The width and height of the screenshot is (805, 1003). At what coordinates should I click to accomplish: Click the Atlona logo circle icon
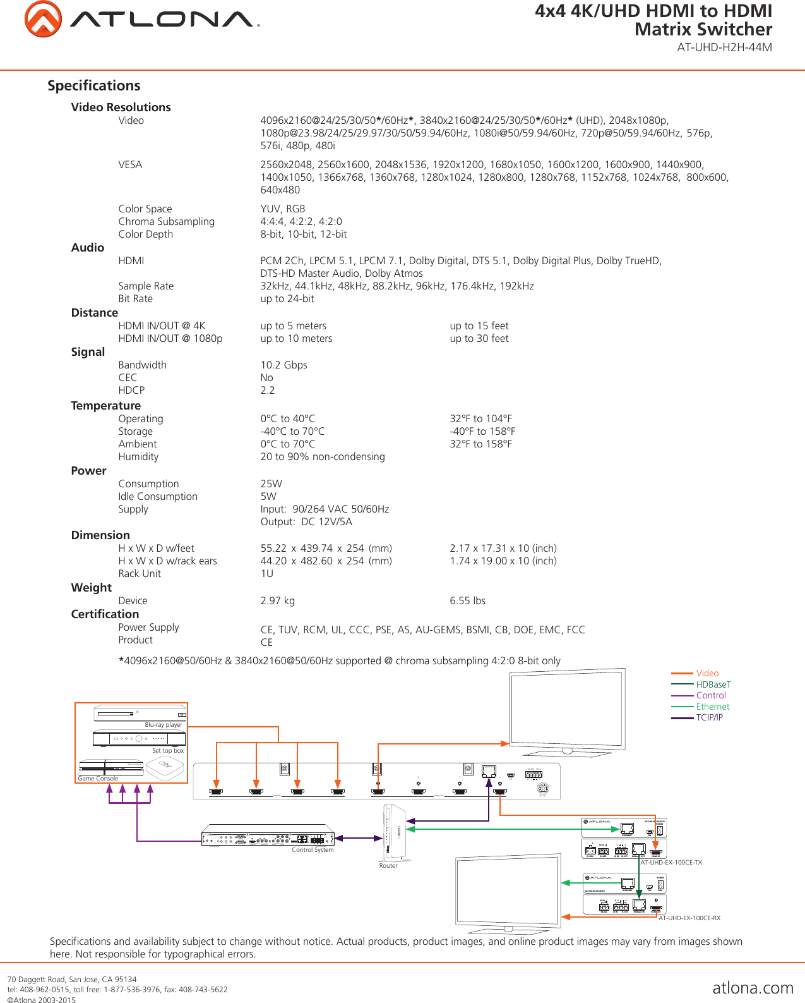pyautogui.click(x=43, y=19)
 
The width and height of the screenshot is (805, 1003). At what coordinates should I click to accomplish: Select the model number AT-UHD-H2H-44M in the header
pyautogui.click(x=724, y=47)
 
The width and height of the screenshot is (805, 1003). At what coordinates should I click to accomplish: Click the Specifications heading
pyautogui.click(x=94, y=86)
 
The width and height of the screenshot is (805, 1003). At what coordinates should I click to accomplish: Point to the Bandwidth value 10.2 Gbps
pyautogui.click(x=283, y=365)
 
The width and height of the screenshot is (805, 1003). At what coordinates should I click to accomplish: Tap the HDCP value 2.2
pyautogui.click(x=268, y=391)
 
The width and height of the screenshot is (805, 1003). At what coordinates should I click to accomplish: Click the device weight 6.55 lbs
pyautogui.click(x=467, y=601)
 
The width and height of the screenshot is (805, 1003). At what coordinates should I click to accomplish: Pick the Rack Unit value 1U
pyautogui.click(x=266, y=574)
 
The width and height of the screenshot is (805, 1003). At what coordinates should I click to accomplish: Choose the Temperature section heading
pyautogui.click(x=105, y=406)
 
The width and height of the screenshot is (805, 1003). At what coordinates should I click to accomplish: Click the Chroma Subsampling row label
pyautogui.click(x=166, y=222)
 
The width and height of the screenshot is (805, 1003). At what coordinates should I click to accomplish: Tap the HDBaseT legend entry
pyautogui.click(x=713, y=684)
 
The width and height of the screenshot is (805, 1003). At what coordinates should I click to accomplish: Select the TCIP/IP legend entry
pyautogui.click(x=709, y=717)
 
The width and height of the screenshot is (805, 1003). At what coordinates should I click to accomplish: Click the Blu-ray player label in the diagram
pyautogui.click(x=163, y=725)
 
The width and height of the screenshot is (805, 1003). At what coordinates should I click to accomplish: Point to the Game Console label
pyautogui.click(x=98, y=779)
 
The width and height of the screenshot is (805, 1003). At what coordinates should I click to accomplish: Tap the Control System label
pyautogui.click(x=312, y=850)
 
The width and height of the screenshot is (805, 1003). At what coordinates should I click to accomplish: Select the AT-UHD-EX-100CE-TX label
pyautogui.click(x=671, y=862)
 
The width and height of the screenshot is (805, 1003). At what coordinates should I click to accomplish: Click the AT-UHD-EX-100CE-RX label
pyautogui.click(x=689, y=918)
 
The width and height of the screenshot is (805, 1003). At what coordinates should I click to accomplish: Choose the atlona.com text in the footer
pyautogui.click(x=753, y=988)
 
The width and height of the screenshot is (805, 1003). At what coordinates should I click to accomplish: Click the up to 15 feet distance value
pyautogui.click(x=479, y=326)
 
